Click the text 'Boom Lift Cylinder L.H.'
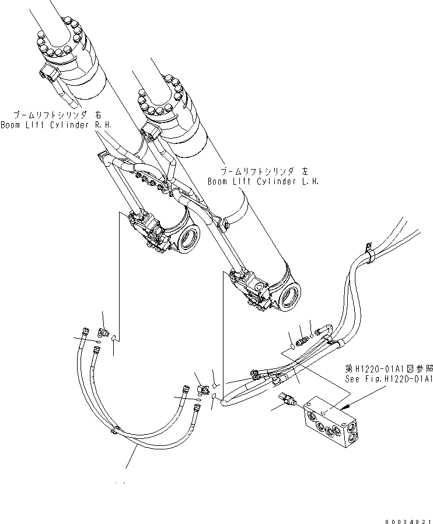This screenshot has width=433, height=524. coord(263,181)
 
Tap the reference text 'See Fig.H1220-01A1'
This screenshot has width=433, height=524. coord(388,379)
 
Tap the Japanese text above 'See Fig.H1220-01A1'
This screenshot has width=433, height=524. coord(388,368)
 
